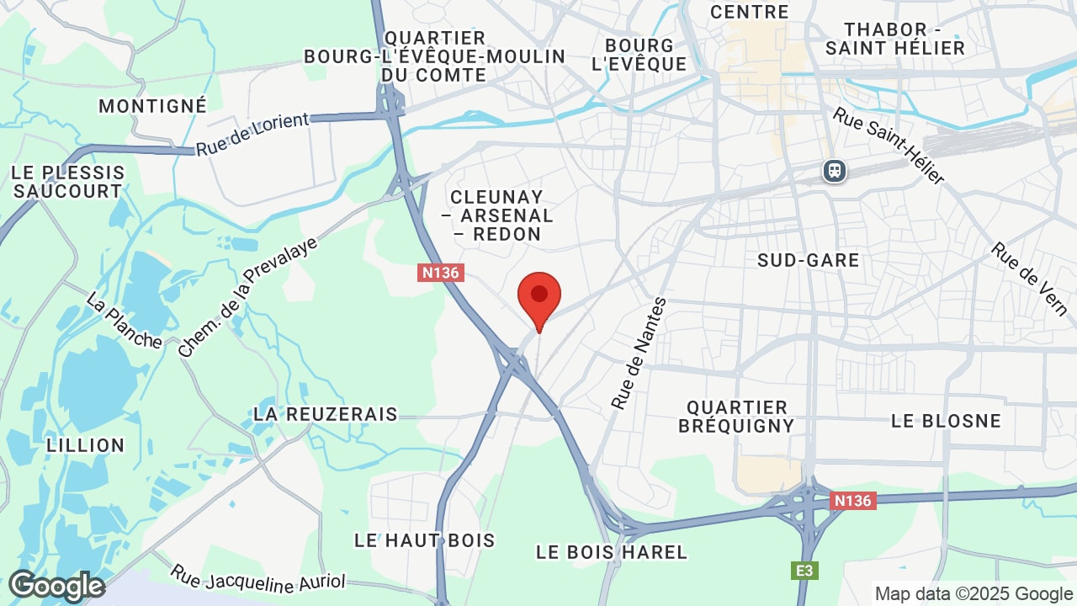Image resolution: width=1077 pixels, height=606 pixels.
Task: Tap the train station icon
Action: click(x=834, y=171)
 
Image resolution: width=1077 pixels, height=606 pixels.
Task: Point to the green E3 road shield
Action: click(x=805, y=571)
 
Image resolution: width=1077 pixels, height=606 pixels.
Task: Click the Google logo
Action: click(x=56, y=586)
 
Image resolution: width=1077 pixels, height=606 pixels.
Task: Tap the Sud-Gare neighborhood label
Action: click(x=808, y=260)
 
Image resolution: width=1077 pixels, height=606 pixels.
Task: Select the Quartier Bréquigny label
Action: click(x=736, y=417)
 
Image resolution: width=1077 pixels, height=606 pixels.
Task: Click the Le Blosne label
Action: click(x=946, y=420)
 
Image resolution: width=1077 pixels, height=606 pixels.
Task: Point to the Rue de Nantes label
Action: click(x=639, y=353)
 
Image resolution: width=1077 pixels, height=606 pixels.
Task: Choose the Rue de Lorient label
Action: click(x=253, y=135)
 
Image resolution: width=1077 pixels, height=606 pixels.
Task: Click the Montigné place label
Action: click(x=152, y=106)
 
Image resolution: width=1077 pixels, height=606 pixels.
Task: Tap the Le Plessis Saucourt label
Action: click(x=68, y=182)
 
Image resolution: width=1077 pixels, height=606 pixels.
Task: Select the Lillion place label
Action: click(x=86, y=444)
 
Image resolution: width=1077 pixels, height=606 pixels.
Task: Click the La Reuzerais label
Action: click(x=325, y=414)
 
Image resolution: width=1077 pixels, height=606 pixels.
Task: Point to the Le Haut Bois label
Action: click(x=425, y=540)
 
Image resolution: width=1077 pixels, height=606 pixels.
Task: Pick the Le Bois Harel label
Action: click(x=612, y=552)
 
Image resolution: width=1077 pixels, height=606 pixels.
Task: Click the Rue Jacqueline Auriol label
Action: click(x=257, y=578)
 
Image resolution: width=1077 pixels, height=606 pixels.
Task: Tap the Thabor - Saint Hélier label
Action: click(x=894, y=39)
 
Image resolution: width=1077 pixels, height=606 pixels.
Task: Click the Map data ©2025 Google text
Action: click(x=973, y=593)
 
